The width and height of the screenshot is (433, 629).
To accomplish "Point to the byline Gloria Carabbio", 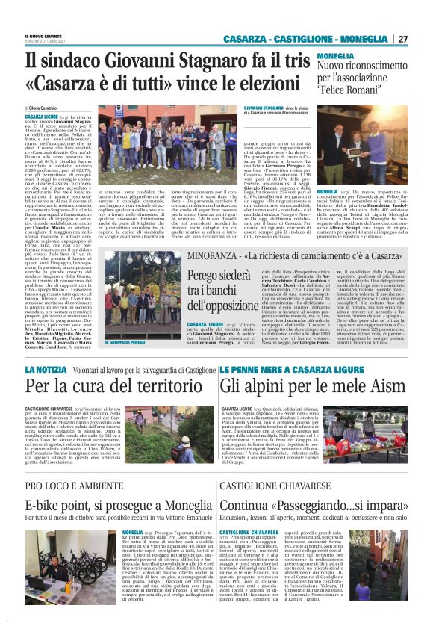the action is coord(49,108).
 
